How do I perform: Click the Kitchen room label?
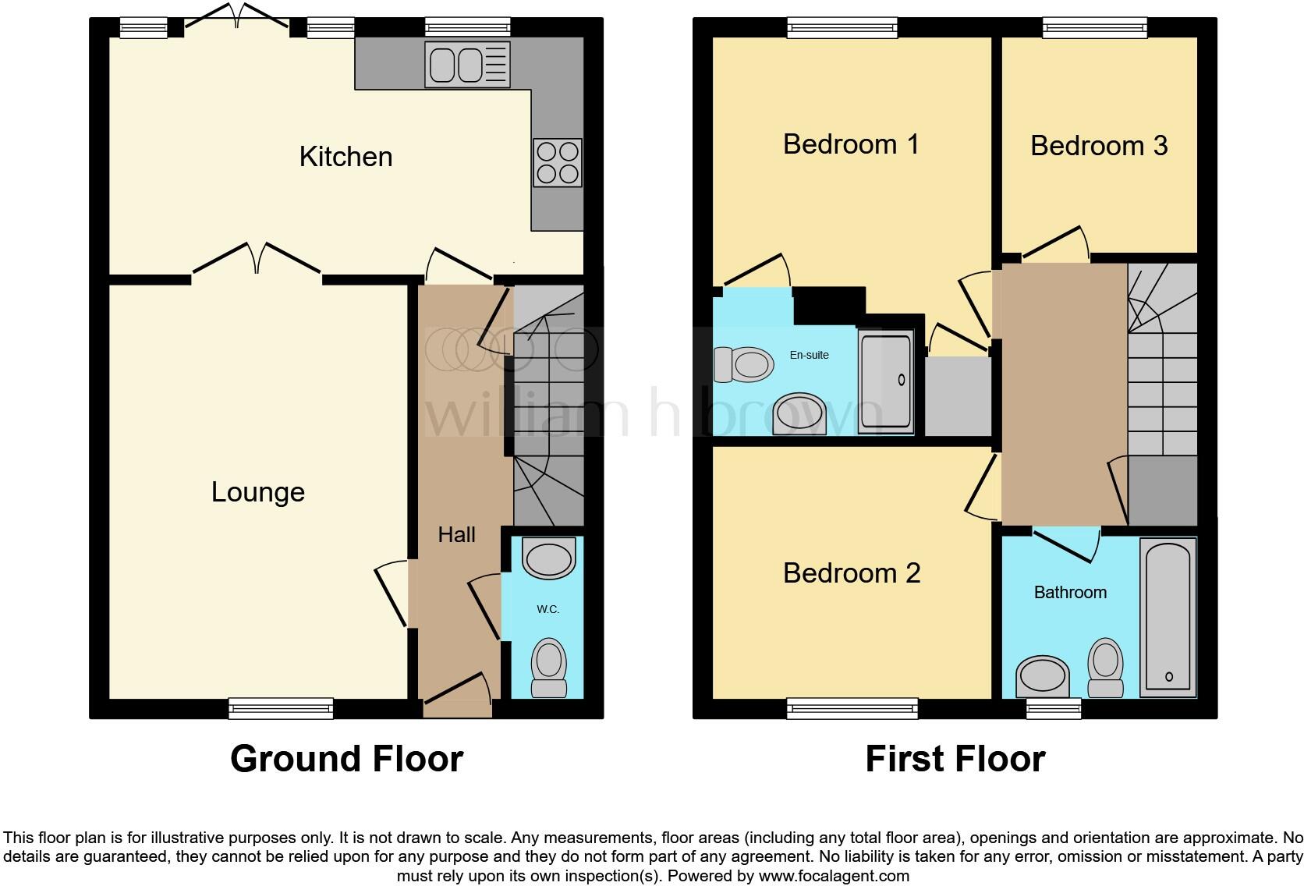[x=345, y=157]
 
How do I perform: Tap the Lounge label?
[x=258, y=492]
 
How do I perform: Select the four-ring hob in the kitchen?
[x=557, y=163]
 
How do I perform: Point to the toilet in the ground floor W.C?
[x=549, y=668]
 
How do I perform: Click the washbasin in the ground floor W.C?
[x=549, y=558]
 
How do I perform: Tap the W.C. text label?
[x=547, y=609]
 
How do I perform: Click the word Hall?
[x=456, y=534]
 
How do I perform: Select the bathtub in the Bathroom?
[x=1168, y=616]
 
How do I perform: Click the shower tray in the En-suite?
[x=885, y=382]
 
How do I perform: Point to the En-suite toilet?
[x=743, y=365]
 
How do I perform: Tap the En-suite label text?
[x=810, y=355]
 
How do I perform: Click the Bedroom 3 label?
[x=1099, y=146]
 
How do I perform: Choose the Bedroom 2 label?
[x=852, y=573]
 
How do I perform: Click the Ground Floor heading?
[x=347, y=759]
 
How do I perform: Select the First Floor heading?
[x=955, y=759]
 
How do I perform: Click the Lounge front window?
[x=282, y=708]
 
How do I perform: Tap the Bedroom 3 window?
[x=1095, y=27]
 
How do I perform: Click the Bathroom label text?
[x=1070, y=593]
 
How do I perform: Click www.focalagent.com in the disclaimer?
[x=834, y=876]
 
